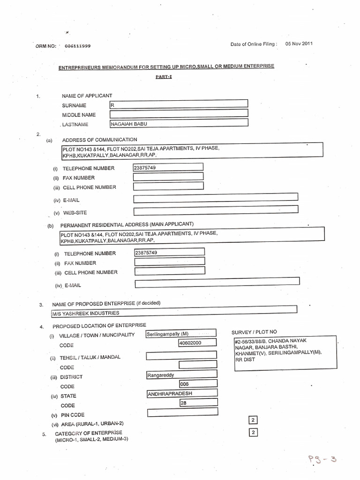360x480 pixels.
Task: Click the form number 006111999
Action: tap(75, 46)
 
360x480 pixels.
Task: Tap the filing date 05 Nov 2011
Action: tap(299, 44)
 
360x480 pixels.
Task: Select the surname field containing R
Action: tap(179, 105)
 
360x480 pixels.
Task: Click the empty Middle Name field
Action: tap(179, 113)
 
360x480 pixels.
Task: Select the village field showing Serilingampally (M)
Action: tap(180, 334)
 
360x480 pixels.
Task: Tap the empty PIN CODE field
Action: tap(182, 412)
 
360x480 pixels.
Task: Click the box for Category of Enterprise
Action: tap(253, 432)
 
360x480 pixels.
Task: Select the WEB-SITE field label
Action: tap(75, 212)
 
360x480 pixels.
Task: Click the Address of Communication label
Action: tap(99, 139)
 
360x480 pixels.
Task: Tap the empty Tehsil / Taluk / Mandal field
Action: tap(181, 356)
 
